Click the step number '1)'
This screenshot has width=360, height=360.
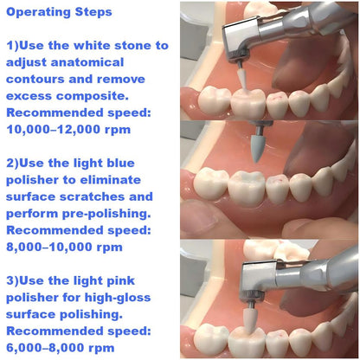[16, 45]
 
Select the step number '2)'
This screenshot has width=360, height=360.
[16, 165]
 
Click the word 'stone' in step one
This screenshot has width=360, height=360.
[140, 45]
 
